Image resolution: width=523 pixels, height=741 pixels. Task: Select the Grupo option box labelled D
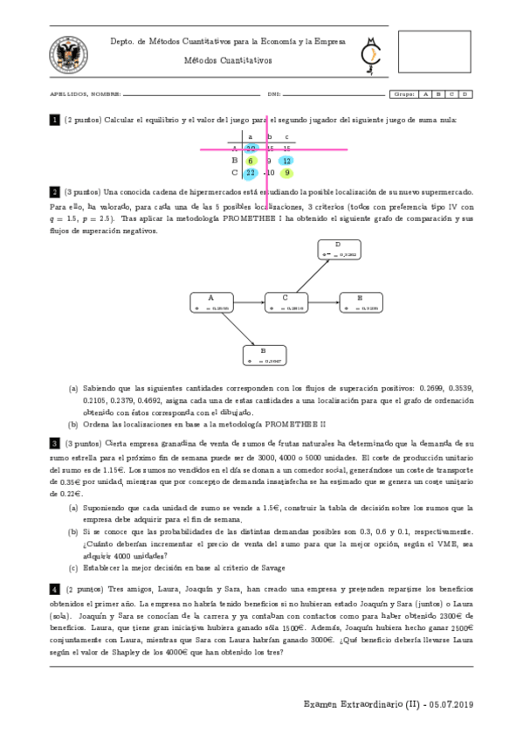click(x=466, y=93)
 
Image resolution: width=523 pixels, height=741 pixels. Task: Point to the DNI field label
click(x=273, y=93)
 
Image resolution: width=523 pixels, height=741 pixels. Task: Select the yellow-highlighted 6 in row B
click(x=251, y=161)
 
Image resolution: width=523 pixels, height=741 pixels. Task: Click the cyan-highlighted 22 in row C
click(x=251, y=173)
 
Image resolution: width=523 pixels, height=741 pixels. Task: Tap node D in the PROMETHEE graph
click(x=338, y=249)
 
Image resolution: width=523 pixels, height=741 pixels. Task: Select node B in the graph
click(x=264, y=354)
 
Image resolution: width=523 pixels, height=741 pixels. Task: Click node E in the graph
click(x=360, y=301)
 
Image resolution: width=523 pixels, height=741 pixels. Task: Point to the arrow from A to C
click(x=248, y=302)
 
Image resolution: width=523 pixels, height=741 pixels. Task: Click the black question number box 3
click(x=54, y=444)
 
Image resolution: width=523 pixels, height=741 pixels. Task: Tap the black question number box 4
click(x=54, y=589)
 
